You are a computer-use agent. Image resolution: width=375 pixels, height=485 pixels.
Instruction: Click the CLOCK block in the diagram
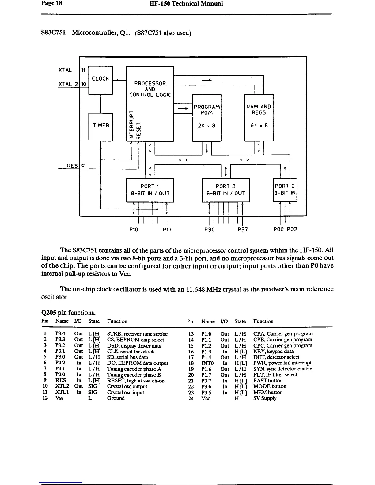tap(100, 78)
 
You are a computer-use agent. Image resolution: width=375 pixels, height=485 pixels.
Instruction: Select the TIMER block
tap(101, 126)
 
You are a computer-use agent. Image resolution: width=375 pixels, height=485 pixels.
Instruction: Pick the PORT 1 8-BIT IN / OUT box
tap(150, 190)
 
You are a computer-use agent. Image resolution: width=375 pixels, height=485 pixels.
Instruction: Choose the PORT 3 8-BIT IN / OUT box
tap(225, 190)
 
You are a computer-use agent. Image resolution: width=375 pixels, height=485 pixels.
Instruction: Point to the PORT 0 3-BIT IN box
tap(285, 190)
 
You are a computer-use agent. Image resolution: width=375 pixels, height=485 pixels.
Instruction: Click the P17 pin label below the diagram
tap(167, 229)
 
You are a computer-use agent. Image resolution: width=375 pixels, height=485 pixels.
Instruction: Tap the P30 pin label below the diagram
tap(209, 229)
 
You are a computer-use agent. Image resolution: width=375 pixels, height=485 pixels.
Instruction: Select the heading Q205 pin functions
tap(68, 313)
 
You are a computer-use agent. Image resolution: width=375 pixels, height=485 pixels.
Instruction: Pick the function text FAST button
tap(268, 381)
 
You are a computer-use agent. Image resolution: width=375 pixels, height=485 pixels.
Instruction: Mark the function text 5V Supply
tap(265, 398)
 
